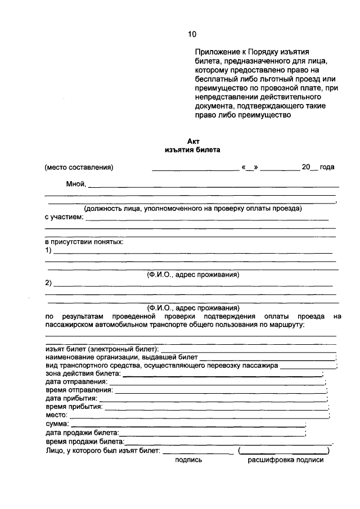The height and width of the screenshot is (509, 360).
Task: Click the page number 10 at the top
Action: click(x=192, y=34)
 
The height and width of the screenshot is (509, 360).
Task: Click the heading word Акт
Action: click(x=193, y=142)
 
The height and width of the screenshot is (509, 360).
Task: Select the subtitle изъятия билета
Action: click(x=193, y=150)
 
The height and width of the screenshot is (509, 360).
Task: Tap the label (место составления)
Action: click(x=79, y=168)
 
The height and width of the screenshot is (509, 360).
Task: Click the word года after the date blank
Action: click(x=327, y=168)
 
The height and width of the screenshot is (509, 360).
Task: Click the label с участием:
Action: click(x=64, y=217)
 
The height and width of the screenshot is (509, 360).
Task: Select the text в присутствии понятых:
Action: click(x=84, y=242)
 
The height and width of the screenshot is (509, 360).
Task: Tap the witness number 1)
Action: click(x=49, y=250)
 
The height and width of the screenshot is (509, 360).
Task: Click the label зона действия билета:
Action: click(x=83, y=373)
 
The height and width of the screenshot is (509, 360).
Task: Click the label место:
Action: click(x=56, y=414)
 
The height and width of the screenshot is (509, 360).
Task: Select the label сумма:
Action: click(x=57, y=423)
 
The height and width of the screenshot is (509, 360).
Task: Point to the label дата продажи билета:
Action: click(x=82, y=432)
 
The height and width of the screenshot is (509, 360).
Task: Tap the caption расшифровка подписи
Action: click(x=286, y=460)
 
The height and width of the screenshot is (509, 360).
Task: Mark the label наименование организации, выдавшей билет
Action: click(x=121, y=357)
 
